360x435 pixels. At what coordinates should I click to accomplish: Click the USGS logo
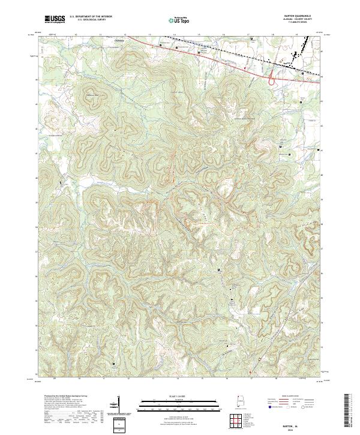point(55,19)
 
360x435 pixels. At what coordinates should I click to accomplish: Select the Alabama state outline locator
point(238,404)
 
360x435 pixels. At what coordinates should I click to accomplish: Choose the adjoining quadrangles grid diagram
point(238,421)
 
